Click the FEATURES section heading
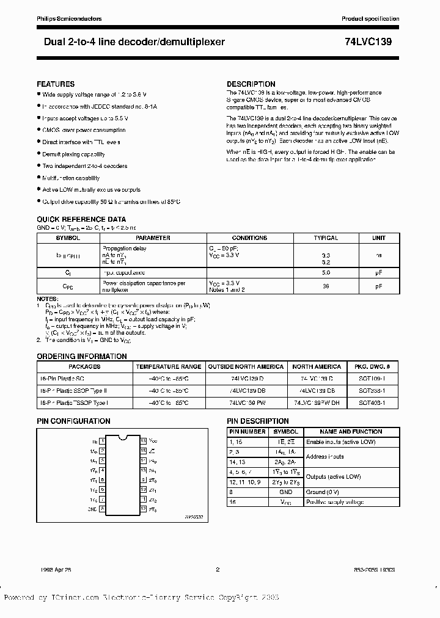(56, 84)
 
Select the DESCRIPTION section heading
(251, 84)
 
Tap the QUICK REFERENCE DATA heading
(81, 219)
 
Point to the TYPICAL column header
(326, 238)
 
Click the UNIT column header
(379, 238)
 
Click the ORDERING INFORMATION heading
(82, 356)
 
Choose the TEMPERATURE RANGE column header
(168, 366)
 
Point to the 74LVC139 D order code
(246, 379)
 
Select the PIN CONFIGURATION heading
(73, 421)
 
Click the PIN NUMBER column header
(247, 431)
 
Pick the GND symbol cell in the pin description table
(285, 491)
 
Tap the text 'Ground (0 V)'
(323, 491)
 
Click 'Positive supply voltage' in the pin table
(335, 502)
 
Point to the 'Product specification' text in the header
(370, 19)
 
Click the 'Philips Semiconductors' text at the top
(69, 19)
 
